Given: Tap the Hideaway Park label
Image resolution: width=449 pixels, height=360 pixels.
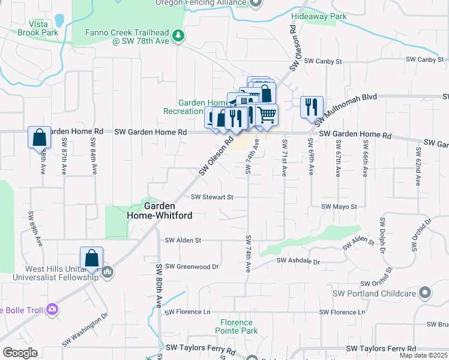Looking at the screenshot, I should click(319, 17).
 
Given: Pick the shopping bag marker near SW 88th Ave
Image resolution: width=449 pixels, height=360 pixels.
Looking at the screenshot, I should click(39, 137).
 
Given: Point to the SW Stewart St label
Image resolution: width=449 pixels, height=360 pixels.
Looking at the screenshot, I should click(211, 196).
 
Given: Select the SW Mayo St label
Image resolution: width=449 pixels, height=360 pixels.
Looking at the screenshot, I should click(339, 206).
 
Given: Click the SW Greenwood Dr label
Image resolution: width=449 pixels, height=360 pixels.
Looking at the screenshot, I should click(191, 266).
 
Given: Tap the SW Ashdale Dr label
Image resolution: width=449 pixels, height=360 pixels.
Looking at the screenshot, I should click(299, 261).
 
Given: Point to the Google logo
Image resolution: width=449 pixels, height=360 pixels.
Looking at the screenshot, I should click(20, 353).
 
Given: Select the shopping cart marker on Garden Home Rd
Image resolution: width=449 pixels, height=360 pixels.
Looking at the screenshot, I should click(267, 114).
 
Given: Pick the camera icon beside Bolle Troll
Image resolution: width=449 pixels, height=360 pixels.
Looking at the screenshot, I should click(52, 310).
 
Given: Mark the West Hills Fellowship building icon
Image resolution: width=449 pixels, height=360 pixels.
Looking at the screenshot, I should click(107, 272).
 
